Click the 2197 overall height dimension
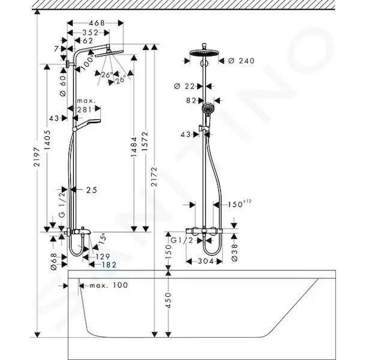point(37,157)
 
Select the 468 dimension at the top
point(97,23)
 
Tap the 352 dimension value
point(91,32)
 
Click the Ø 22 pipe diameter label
point(184,86)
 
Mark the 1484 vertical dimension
point(134,146)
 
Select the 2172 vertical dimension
point(154,176)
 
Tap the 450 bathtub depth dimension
point(168,301)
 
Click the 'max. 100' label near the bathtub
point(109,285)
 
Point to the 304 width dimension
point(206,261)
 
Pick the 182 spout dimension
point(109,265)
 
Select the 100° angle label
point(88,61)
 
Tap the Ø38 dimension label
point(235,253)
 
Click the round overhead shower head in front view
point(204,53)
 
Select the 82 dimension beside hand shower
point(191,101)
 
